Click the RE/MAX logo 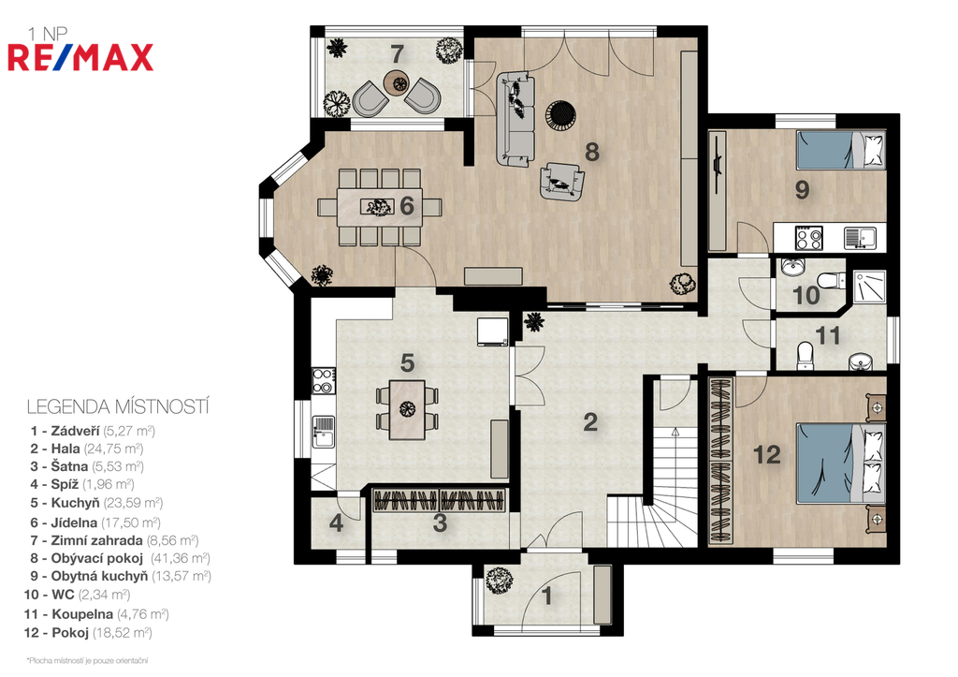coord(80,57)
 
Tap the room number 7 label coord(397,53)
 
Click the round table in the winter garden coord(396,82)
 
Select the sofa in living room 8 coord(514,119)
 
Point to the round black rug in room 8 coord(560,114)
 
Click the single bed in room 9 coord(841,150)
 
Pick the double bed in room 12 coord(841,464)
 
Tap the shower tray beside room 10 coord(868,287)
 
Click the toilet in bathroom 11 coord(806,355)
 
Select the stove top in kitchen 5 coord(323,380)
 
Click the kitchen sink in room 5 coord(324,431)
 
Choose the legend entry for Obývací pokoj coord(121,558)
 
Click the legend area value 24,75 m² coord(113,449)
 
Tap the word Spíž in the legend coord(65,485)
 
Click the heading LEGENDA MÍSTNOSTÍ coord(118,406)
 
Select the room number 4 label coord(336,523)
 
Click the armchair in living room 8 coord(561,180)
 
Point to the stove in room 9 coord(809,237)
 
